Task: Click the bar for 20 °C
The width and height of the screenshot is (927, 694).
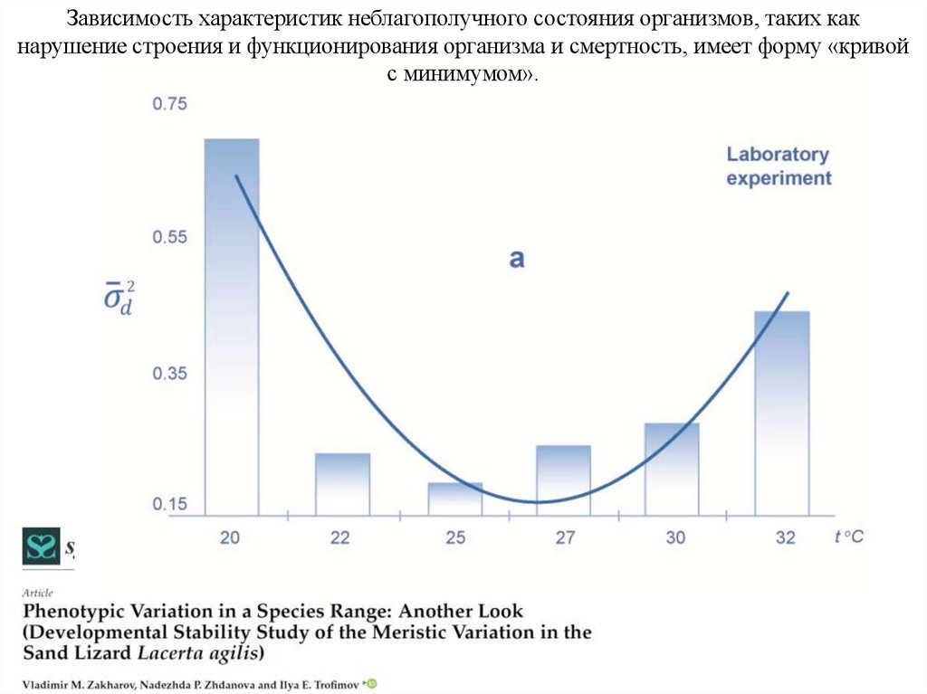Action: pos(231,326)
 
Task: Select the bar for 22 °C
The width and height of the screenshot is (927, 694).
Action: pos(342,484)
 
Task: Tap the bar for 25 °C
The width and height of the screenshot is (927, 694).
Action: pos(454,499)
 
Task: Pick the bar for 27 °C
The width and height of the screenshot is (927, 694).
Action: pos(563,480)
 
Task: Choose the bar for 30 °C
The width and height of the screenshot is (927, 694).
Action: pos(672,469)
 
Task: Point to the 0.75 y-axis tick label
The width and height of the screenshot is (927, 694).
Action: pos(168,104)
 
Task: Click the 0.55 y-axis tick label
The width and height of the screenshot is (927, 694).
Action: pos(168,237)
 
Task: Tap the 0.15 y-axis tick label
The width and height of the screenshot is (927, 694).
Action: pos(168,504)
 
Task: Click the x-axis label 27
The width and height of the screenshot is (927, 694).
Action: pos(565,537)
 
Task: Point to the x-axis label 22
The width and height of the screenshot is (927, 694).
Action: pos(339,537)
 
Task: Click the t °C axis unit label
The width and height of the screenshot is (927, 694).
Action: pos(848,537)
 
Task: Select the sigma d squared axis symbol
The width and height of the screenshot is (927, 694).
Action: pos(117,296)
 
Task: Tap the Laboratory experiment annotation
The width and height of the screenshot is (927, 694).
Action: pos(779,166)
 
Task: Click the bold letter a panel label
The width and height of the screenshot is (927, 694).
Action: pos(516,259)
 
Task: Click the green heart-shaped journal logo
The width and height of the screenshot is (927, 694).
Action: pos(41,547)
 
